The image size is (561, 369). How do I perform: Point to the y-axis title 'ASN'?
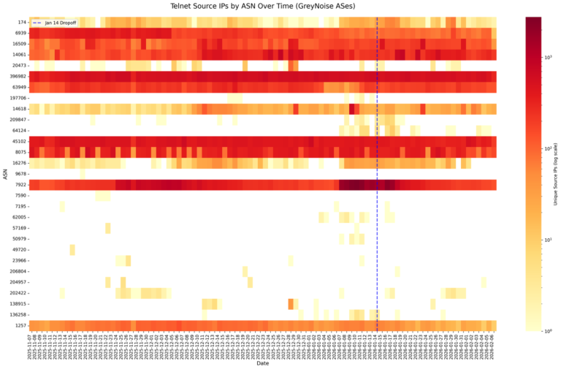click(5, 174)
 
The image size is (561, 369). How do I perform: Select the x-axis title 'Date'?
click(262, 363)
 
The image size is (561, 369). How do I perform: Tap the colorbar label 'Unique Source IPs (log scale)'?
click(557, 174)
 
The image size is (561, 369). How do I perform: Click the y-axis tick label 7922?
click(20, 185)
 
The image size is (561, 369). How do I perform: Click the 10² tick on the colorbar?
click(550, 148)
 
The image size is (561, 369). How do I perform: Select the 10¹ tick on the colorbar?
click(550, 240)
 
